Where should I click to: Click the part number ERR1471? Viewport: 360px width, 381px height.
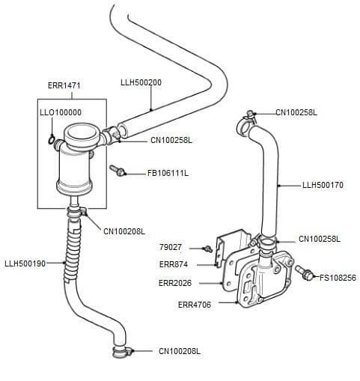[x=64, y=86]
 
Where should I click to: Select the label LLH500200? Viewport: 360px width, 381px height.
[x=141, y=82]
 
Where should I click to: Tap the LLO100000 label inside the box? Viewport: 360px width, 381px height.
[x=60, y=112]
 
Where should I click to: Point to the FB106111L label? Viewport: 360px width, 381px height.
[x=168, y=174]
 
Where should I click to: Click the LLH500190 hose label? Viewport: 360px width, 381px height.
[x=25, y=263]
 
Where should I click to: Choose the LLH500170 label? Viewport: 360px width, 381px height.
[x=323, y=185]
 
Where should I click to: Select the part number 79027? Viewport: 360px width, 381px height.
[x=170, y=247]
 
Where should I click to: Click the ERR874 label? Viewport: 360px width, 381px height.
[x=173, y=264]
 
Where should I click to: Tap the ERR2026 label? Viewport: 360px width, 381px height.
[x=175, y=284]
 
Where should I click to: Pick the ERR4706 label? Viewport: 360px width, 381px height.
[x=194, y=305]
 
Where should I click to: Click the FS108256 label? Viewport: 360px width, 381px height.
[x=338, y=278]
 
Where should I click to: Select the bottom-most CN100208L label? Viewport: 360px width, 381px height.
[x=179, y=351]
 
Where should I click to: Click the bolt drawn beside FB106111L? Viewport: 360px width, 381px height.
[x=118, y=171]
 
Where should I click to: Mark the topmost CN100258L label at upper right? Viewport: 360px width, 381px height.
[x=296, y=112]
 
